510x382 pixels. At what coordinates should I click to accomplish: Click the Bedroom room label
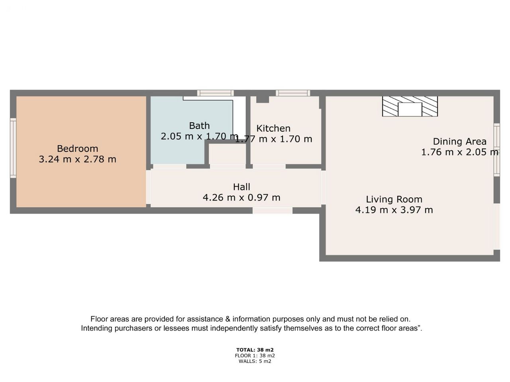[77, 148]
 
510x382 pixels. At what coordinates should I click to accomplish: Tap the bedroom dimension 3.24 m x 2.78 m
[77, 159]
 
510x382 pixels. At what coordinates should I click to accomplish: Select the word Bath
[199, 126]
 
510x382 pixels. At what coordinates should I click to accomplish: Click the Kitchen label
[273, 128]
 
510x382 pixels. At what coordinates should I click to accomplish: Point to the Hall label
[241, 187]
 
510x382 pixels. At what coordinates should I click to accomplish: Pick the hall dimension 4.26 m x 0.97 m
[241, 198]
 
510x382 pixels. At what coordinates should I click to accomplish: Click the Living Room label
[394, 199]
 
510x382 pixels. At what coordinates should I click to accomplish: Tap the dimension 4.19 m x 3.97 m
[394, 210]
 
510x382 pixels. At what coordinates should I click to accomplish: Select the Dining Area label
[459, 142]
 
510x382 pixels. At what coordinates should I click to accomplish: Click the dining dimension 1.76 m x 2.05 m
[460, 152]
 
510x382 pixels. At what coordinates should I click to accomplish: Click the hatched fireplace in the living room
[410, 106]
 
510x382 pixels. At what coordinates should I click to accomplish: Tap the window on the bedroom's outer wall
[13, 148]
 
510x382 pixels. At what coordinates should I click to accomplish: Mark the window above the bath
[216, 93]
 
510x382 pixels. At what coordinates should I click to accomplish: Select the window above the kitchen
[293, 93]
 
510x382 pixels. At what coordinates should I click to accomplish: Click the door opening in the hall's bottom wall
[272, 210]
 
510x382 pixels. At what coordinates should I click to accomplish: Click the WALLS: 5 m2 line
[255, 361]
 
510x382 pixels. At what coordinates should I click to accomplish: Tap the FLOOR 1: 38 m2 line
[255, 356]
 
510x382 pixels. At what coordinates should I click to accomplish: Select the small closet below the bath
[227, 154]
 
